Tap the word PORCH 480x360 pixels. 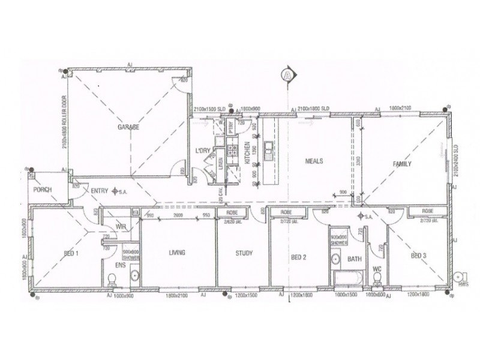coord(43,190)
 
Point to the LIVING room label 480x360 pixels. coord(176,253)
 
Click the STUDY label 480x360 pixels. coord(242,253)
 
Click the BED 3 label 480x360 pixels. coord(419,256)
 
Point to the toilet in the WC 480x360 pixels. coord(377,277)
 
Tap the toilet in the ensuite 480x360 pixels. coord(112,278)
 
